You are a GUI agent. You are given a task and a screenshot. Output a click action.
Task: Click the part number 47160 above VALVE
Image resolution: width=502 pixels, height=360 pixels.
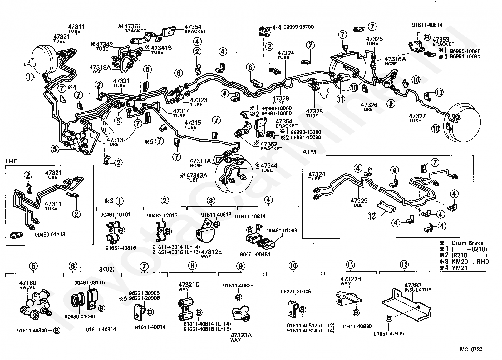[27, 283]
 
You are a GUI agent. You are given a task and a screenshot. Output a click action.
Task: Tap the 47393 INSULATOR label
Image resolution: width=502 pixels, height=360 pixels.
[418, 287]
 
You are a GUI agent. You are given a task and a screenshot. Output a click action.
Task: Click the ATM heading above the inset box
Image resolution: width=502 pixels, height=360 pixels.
[309, 152]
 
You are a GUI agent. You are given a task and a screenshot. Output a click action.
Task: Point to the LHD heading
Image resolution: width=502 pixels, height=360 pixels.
[12, 161]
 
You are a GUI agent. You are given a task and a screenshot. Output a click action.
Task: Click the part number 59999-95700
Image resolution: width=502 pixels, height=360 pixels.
[298, 27]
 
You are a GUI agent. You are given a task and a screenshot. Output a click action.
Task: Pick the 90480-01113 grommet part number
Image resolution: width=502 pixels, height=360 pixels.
[50, 235]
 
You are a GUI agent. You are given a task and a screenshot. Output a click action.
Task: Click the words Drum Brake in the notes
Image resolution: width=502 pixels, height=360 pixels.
[467, 243]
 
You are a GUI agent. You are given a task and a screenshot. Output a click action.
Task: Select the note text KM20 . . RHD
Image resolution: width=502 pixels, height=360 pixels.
[470, 262]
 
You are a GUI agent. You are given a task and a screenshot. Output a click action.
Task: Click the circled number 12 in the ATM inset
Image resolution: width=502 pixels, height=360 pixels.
[372, 216]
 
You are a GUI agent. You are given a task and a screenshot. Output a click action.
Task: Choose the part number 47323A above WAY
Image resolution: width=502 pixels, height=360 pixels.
[241, 335]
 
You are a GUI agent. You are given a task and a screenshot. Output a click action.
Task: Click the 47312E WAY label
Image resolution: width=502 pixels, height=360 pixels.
[211, 254]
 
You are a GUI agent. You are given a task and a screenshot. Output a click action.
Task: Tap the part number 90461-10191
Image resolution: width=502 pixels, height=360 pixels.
[115, 215]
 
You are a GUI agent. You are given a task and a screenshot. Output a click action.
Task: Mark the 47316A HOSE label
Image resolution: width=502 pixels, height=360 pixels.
[395, 61]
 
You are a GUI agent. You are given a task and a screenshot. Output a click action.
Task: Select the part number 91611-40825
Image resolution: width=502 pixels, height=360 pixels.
[238, 286]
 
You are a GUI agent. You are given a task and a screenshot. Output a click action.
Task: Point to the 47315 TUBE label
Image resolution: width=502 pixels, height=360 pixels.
[193, 125]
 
